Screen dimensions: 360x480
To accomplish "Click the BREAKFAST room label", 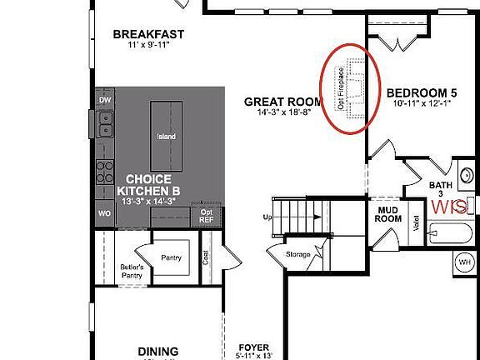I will [148, 34].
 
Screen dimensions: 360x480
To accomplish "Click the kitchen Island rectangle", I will [167, 137].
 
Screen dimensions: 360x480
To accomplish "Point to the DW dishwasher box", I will [104, 100].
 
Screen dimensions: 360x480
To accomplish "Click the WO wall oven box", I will [104, 213].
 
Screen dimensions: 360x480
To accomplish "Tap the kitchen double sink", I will [105, 126].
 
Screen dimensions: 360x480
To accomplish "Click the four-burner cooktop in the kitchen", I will [106, 172].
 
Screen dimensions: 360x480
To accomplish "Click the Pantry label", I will [172, 258].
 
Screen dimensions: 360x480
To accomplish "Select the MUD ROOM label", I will [387, 215].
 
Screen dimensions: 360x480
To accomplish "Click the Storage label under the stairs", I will [297, 254].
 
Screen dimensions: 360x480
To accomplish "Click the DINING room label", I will [157, 351].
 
